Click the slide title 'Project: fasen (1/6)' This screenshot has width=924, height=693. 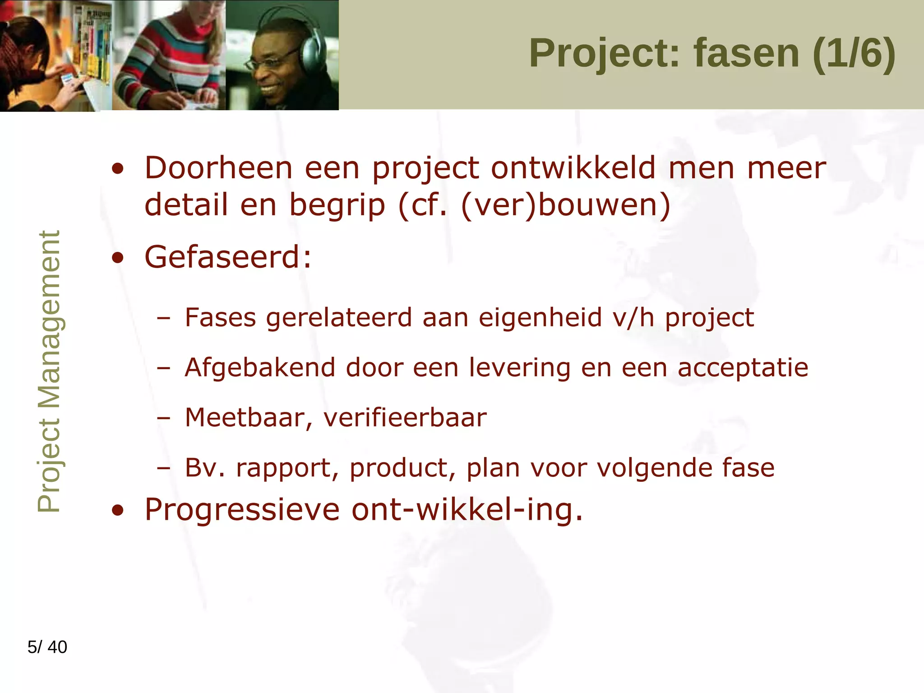[x=712, y=53]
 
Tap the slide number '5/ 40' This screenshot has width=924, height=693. [x=47, y=647]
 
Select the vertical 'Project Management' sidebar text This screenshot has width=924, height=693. [x=49, y=371]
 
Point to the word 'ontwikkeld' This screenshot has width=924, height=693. [x=573, y=168]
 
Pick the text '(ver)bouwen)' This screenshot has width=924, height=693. [x=566, y=205]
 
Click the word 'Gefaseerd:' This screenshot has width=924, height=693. [x=228, y=257]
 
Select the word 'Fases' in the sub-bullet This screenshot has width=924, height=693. [x=221, y=317]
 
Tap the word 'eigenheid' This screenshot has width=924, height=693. [x=540, y=317]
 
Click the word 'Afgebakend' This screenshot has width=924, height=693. [x=260, y=367]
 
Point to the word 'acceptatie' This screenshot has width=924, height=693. [x=743, y=367]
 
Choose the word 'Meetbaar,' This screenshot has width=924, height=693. [x=249, y=417]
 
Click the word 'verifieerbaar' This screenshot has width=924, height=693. [x=405, y=417]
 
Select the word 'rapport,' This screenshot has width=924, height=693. [x=287, y=467]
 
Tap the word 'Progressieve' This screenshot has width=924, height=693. [x=242, y=509]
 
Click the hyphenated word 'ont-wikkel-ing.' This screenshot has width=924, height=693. [x=467, y=509]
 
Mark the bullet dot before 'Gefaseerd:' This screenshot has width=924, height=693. [x=118, y=258]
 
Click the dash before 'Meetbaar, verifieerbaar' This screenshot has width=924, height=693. [x=164, y=418]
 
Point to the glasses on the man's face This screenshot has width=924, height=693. [x=271, y=61]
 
